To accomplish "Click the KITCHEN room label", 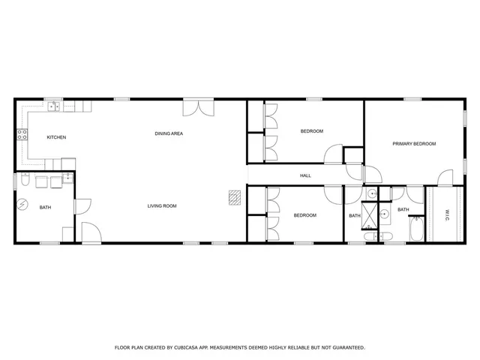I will click(57, 137).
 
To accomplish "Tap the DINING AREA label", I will click(169, 133).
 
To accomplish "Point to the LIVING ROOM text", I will click(161, 205).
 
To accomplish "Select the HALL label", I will click(305, 176).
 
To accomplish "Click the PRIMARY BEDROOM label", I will click(414, 143).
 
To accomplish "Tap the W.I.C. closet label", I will click(448, 214).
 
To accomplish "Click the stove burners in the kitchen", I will click(22, 135).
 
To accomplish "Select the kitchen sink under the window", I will click(55, 106).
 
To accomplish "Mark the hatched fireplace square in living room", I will click(235, 196).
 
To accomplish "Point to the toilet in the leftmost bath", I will click(25, 181).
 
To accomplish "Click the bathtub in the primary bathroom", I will click(416, 228).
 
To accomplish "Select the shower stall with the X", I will click(370, 214).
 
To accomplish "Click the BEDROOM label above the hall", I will click(311, 131).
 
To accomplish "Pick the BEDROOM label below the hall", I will click(304, 215).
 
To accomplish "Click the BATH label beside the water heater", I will click(46, 208).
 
